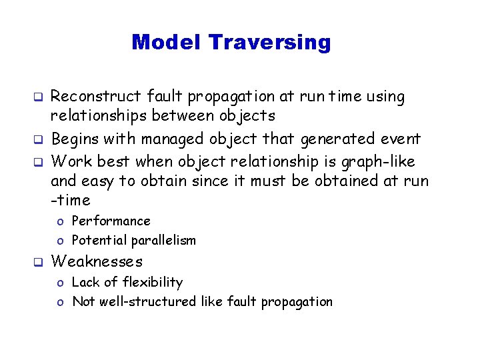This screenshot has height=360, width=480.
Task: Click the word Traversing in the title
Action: click(269, 43)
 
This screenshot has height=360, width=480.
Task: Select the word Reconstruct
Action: click(95, 97)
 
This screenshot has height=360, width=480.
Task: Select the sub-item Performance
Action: click(111, 221)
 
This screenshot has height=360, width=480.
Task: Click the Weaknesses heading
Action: click(97, 261)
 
